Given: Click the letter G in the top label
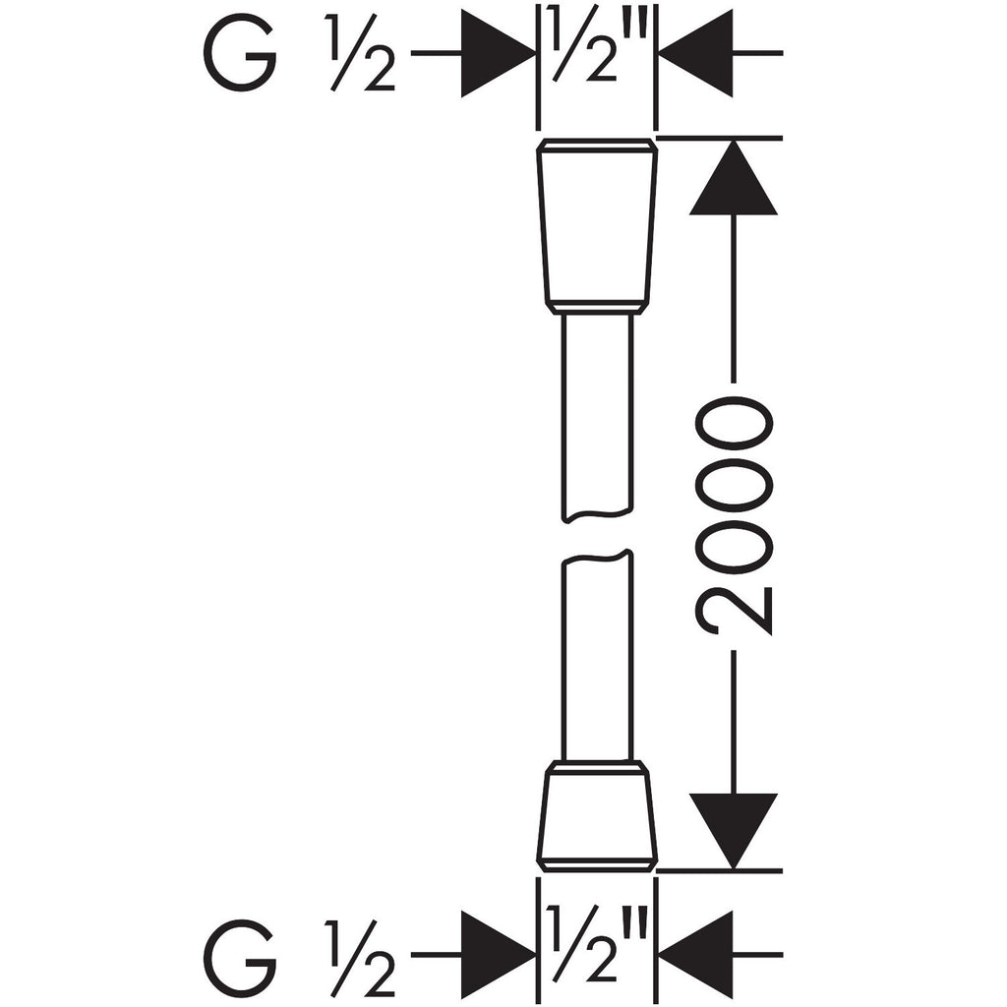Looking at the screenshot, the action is tap(240, 55).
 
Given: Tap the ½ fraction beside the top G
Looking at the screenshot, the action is tap(361, 55).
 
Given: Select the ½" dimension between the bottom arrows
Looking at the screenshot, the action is tap(593, 944).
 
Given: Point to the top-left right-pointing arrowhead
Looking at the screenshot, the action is tap(498, 53).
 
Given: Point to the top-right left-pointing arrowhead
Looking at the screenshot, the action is tap(695, 53).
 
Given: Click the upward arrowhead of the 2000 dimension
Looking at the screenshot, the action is tap(734, 177).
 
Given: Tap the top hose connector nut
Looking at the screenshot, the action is tap(597, 226).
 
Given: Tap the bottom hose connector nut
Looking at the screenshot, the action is tap(597, 816).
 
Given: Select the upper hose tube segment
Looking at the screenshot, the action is tap(597, 417).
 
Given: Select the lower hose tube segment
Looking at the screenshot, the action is tap(597, 656).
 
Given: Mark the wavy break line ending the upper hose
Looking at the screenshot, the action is tap(597, 515).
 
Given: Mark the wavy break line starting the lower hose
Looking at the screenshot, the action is tap(597, 558).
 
